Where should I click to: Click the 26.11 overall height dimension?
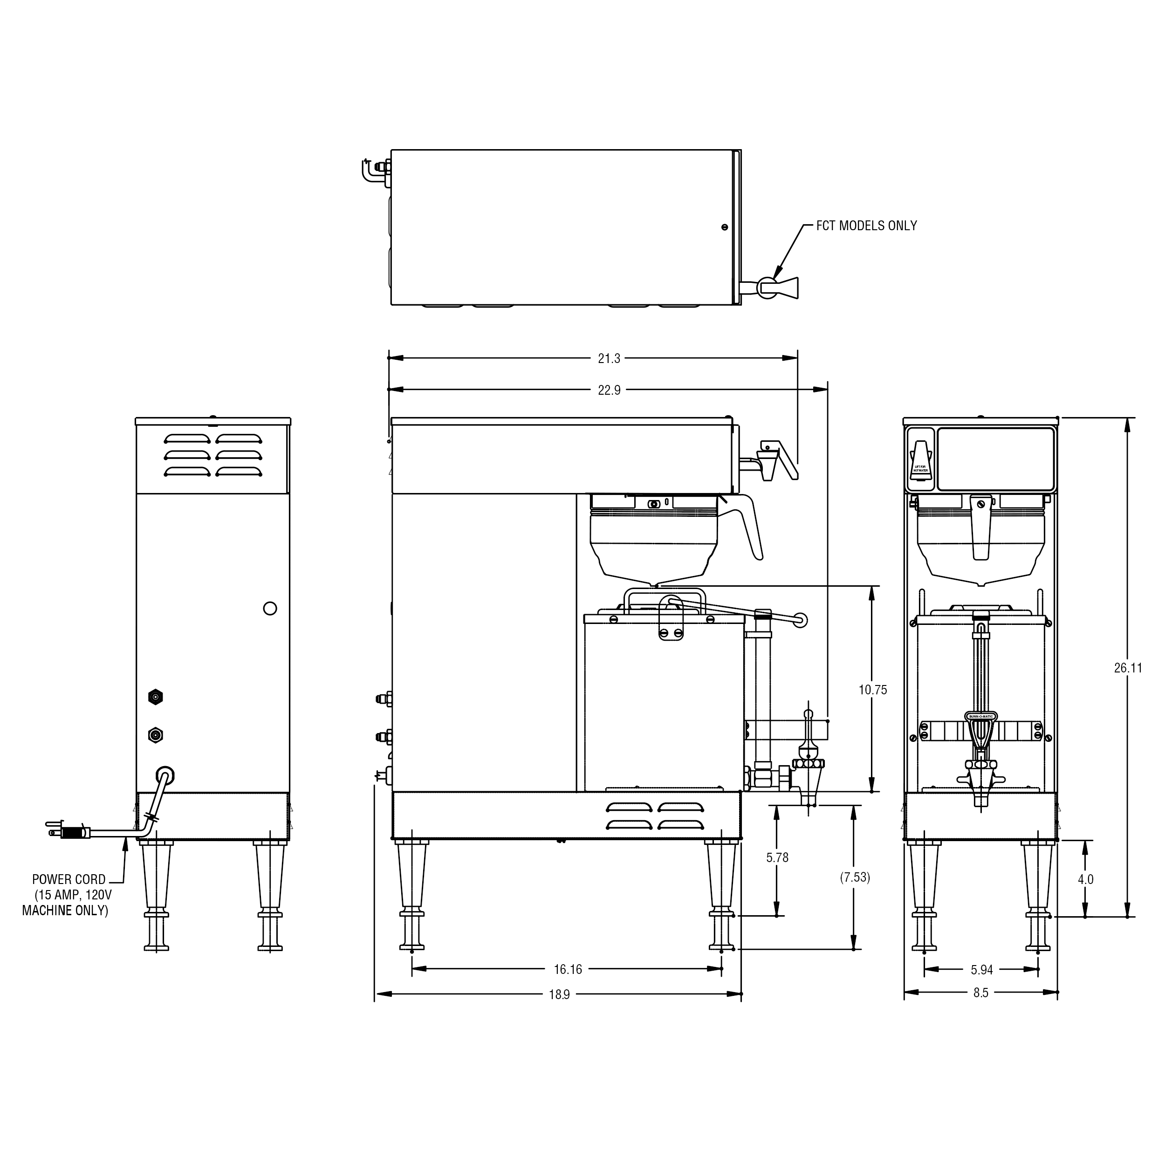[1128, 668]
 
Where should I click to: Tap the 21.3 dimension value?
[609, 359]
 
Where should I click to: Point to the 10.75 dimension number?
[872, 690]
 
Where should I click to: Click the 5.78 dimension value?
[777, 857]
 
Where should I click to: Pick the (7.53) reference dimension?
[855, 877]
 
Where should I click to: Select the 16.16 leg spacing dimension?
[568, 970]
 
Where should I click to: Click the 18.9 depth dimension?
[559, 995]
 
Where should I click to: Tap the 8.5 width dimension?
[980, 993]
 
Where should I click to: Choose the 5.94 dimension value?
[982, 970]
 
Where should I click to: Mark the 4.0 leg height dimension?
[1085, 880]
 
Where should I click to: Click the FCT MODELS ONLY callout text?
[866, 226]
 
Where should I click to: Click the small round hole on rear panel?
[270, 609]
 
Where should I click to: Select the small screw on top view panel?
[724, 227]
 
